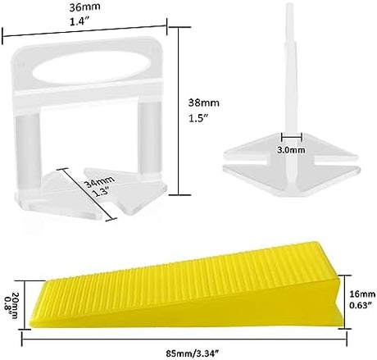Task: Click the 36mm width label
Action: pos(84,7)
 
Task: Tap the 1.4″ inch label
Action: pos(80,21)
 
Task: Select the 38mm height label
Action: pos(204,103)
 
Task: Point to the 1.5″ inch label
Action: pos(199,118)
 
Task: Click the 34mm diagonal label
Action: pos(99,182)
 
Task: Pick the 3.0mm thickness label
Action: pos(291,150)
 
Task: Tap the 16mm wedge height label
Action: pos(362,294)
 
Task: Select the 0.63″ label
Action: pos(361,305)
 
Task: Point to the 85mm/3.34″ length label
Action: pos(193,353)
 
